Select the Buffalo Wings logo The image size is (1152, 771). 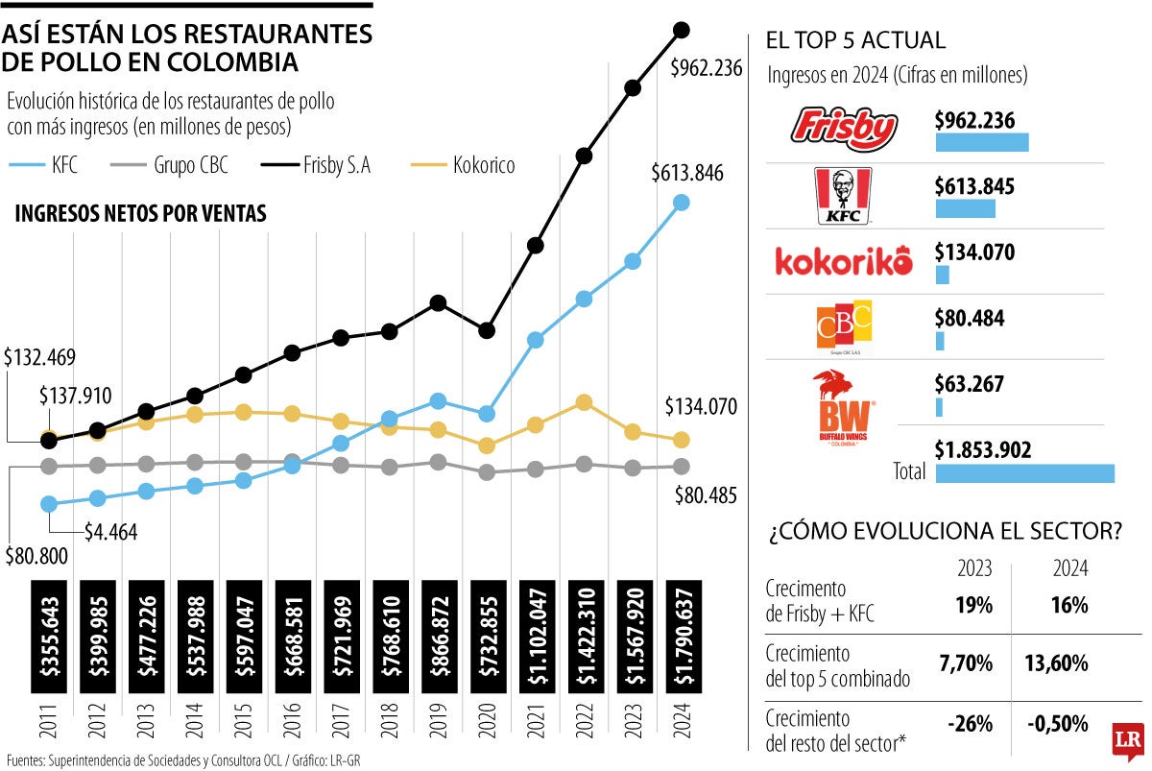pos(842,405)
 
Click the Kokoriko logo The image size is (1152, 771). pos(843,262)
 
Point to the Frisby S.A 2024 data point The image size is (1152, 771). pos(683,30)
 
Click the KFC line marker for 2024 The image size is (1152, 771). pos(682,203)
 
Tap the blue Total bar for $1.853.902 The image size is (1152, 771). pos(1024,472)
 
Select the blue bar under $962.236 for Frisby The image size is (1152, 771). pos(981,142)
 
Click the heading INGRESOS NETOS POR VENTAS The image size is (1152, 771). pos(140,214)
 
